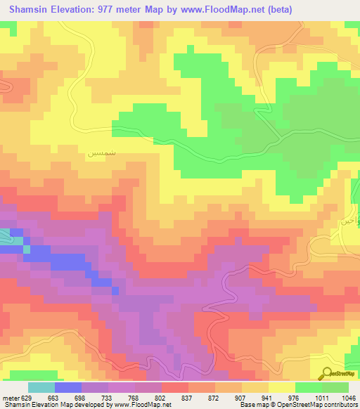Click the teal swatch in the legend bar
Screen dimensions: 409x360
click(x=41, y=387)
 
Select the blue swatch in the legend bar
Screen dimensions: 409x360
click(x=68, y=387)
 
